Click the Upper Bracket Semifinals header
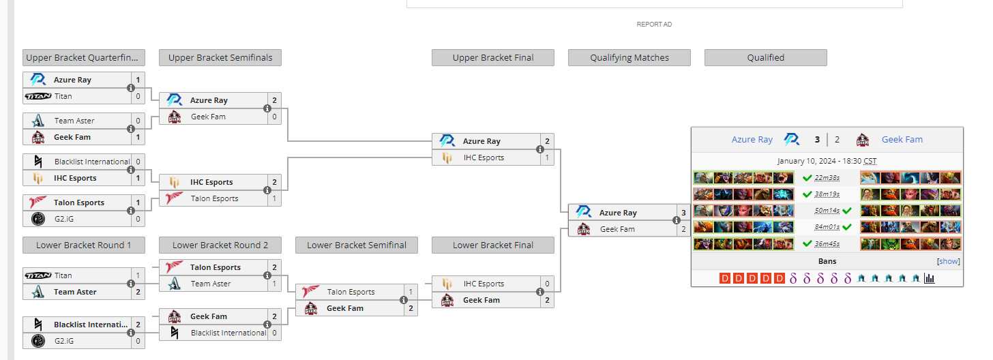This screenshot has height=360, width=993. [x=220, y=58]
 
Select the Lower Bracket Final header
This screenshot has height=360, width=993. [x=493, y=245]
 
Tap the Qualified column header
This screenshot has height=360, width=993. [x=766, y=58]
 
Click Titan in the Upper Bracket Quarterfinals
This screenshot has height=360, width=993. [x=63, y=96]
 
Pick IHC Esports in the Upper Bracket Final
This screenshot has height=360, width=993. [x=484, y=157]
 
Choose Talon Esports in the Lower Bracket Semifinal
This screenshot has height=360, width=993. [x=351, y=292]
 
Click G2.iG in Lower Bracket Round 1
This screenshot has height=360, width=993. [x=64, y=341]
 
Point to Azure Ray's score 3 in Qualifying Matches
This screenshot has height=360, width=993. [x=683, y=213]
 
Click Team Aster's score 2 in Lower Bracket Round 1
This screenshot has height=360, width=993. [x=138, y=292]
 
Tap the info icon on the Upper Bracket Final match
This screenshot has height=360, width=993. [x=540, y=149]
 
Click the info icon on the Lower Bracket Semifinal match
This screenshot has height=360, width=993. [x=404, y=300]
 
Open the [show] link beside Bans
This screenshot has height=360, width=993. [x=948, y=261]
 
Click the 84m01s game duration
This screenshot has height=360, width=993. [x=827, y=227]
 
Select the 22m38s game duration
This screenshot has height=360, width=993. [x=827, y=178]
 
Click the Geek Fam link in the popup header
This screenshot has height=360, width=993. [x=902, y=139]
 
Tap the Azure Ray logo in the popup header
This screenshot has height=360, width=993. [x=791, y=139]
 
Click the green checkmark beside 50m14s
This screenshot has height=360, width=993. [x=847, y=211]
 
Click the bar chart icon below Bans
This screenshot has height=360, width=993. [x=929, y=278]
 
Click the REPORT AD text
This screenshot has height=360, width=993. [x=654, y=25]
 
